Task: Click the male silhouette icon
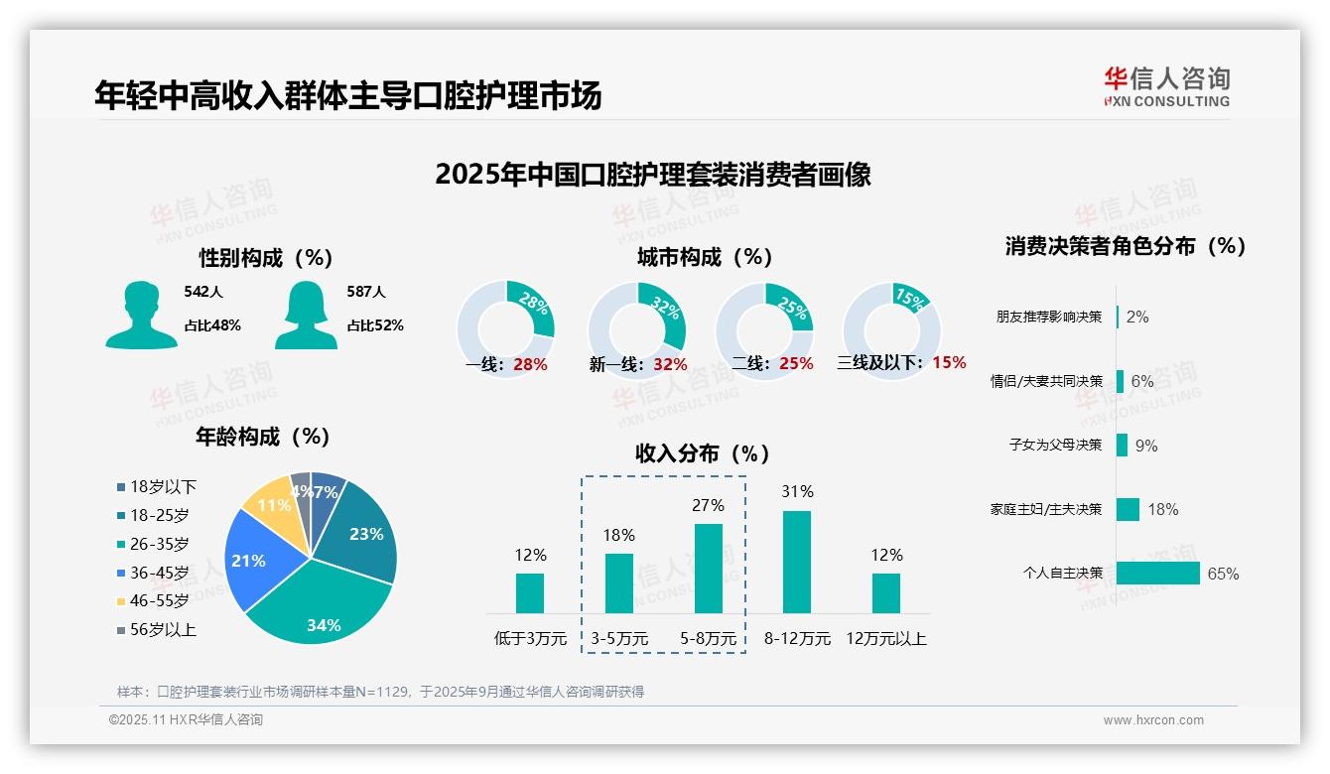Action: point(141,315)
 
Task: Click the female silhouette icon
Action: point(306,315)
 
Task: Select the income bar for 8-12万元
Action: point(797,562)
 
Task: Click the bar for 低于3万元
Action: point(530,592)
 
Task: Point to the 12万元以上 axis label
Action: point(885,639)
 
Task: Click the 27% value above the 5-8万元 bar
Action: point(708,505)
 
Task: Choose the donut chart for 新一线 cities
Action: point(636,330)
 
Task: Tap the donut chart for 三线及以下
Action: point(890,330)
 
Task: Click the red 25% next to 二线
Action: point(796,364)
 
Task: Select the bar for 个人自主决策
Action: point(1157,574)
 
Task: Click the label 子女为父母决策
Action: point(1055,446)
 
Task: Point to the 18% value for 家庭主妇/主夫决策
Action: point(1162,510)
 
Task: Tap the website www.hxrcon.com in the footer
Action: point(1153,720)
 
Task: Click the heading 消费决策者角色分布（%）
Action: point(1125,246)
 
